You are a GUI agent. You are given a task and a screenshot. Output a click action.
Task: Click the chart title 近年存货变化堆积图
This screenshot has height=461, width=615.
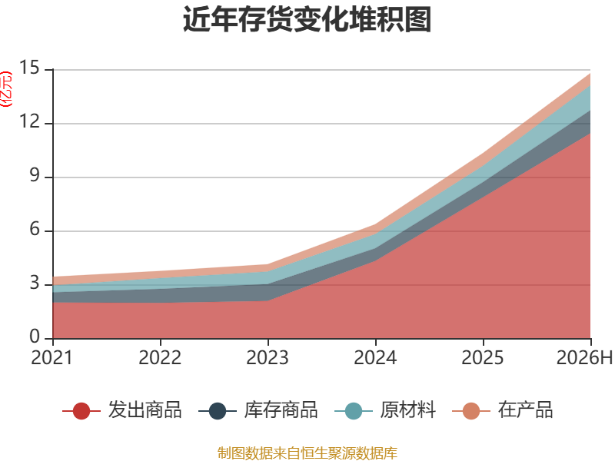tap(307, 19)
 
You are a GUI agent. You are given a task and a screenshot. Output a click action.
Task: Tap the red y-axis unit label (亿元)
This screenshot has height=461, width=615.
tap(6, 89)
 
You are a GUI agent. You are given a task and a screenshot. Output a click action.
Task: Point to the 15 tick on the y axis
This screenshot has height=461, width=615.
tap(30, 68)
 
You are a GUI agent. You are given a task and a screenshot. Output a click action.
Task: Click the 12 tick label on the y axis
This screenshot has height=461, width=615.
tap(30, 121)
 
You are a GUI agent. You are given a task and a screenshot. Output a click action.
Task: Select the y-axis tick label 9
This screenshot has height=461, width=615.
tap(35, 175)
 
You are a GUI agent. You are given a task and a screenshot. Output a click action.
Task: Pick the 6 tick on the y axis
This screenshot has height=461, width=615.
tap(35, 229)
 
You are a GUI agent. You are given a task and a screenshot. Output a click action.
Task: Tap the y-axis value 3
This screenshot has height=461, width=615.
tap(35, 283)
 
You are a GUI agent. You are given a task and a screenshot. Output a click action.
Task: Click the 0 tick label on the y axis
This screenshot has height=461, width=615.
tap(35, 337)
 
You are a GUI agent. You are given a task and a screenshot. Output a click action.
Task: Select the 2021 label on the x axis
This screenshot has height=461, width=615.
tap(52, 357)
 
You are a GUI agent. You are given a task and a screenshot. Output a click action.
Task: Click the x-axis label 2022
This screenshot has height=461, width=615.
tap(160, 357)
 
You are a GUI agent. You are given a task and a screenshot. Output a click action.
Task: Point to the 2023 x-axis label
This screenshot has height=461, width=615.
tap(268, 357)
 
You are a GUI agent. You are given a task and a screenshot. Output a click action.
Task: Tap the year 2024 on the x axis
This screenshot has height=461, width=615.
tap(375, 357)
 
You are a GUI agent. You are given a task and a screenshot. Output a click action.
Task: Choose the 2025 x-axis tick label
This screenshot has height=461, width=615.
tap(483, 357)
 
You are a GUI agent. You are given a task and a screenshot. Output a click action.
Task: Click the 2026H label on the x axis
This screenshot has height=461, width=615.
tap(584, 357)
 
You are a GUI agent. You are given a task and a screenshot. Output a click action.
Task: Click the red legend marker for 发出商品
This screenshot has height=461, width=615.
tap(81, 411)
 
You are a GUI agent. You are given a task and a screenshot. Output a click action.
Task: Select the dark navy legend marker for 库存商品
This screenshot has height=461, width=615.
tap(218, 411)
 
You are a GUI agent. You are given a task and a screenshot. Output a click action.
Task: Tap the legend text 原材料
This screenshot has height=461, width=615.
tap(408, 410)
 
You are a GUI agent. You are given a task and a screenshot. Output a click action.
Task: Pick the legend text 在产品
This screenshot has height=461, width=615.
tap(526, 410)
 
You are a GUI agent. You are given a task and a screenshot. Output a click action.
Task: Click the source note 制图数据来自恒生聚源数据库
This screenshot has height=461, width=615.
tap(307, 453)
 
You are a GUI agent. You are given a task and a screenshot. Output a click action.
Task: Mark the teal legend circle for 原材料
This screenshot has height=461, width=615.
tap(354, 411)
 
